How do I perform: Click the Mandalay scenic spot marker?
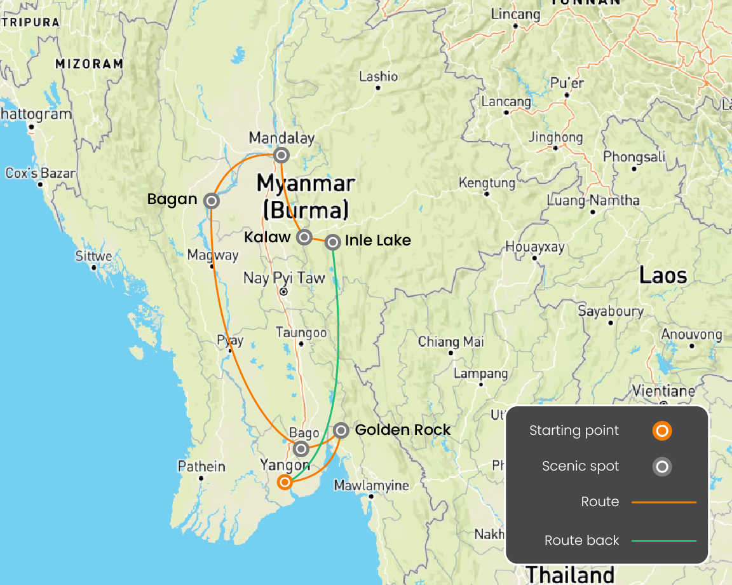(281, 155)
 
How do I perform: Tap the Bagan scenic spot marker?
(212, 200)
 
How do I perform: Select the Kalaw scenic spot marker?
(304, 237)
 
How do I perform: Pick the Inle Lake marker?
(332, 242)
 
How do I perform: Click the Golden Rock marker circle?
(341, 430)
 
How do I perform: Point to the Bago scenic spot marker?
(301, 449)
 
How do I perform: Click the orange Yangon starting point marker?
(285, 482)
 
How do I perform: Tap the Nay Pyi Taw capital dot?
(284, 292)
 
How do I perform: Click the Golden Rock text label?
(403, 430)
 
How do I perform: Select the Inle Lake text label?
(378, 240)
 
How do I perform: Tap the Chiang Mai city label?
(451, 342)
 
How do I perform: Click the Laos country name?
(663, 275)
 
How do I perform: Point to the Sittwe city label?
(94, 256)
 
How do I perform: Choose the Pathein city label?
(201, 467)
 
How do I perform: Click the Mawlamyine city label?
(372, 486)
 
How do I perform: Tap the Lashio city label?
(379, 77)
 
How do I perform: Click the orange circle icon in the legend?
(662, 431)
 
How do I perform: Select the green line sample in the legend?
(663, 540)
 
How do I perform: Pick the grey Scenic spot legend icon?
(662, 467)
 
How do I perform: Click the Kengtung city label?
(487, 183)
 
